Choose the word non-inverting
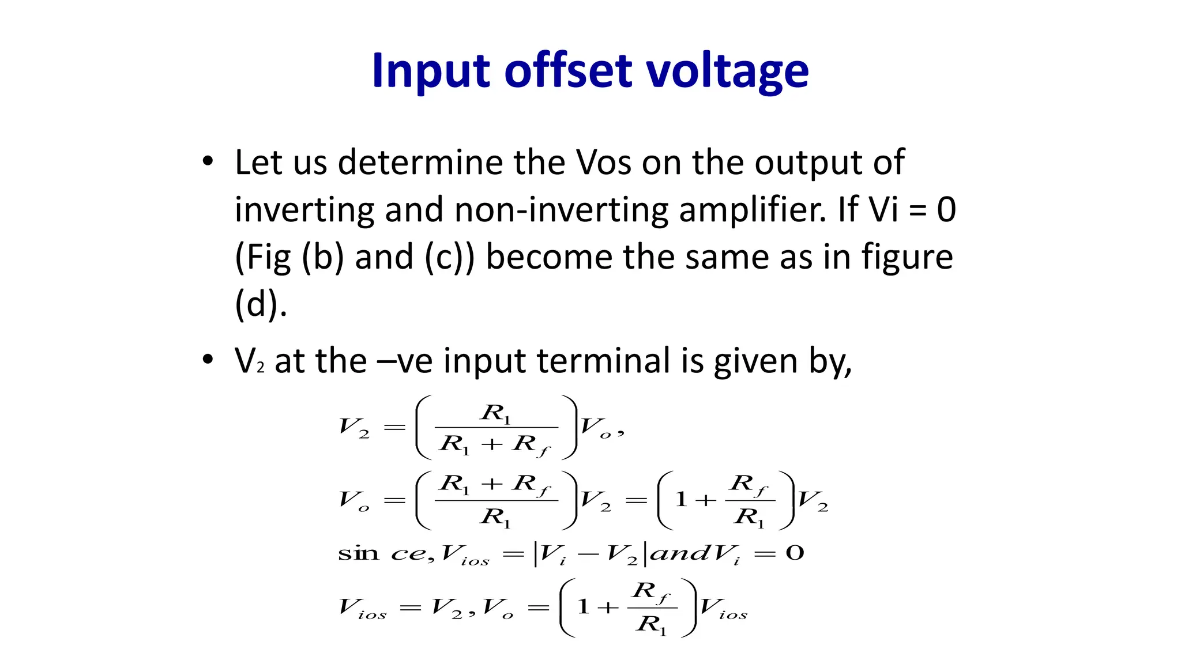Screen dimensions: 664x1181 click(561, 210)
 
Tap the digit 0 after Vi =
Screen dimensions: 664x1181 click(946, 210)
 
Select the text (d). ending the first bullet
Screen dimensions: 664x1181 click(261, 304)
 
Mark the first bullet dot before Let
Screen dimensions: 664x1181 click(208, 161)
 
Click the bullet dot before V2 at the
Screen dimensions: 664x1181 click(208, 359)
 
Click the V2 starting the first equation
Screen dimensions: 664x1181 click(353, 428)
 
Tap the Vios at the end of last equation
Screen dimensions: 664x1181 click(723, 608)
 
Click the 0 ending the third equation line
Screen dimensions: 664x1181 click(795, 553)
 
